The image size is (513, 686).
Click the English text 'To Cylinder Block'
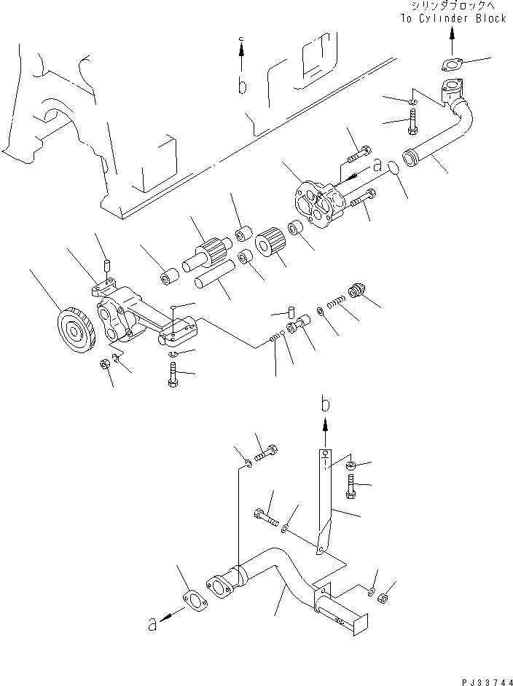[x=452, y=18]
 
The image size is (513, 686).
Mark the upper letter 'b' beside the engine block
[x=242, y=86]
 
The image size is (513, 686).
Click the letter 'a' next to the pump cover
[x=377, y=165]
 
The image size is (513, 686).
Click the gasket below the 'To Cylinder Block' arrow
[x=454, y=64]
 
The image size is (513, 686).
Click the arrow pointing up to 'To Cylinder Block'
[x=453, y=36]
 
